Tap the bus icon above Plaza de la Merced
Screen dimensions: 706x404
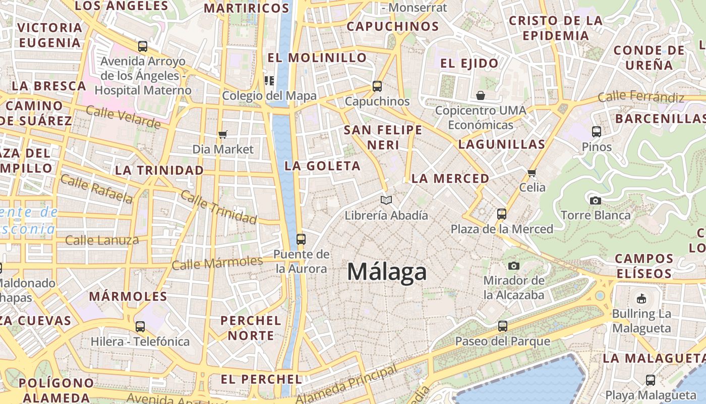501,214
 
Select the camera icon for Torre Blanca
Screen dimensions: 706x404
595,200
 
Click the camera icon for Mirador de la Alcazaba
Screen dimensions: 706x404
514,266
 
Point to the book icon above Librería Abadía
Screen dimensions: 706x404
386,200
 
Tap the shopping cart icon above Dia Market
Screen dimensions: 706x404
222,134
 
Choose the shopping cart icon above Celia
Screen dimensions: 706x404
532,173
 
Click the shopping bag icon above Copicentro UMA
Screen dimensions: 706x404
480,95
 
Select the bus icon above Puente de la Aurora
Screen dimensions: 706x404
301,239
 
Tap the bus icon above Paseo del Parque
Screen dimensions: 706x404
502,326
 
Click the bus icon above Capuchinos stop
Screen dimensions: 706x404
377,86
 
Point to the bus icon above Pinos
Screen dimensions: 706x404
597,132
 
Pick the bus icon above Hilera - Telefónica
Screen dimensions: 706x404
140,327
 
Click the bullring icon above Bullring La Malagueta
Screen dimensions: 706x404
641,298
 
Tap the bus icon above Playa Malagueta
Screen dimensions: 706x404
651,380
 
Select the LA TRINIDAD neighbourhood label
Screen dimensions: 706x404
159,170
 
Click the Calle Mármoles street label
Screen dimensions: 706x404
217,263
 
